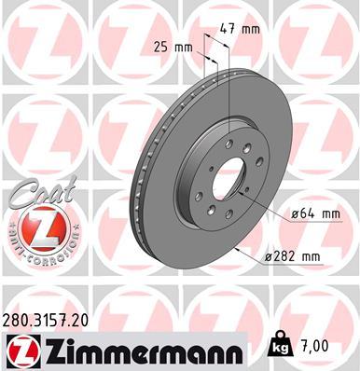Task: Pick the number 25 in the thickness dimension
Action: tap(160, 47)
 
